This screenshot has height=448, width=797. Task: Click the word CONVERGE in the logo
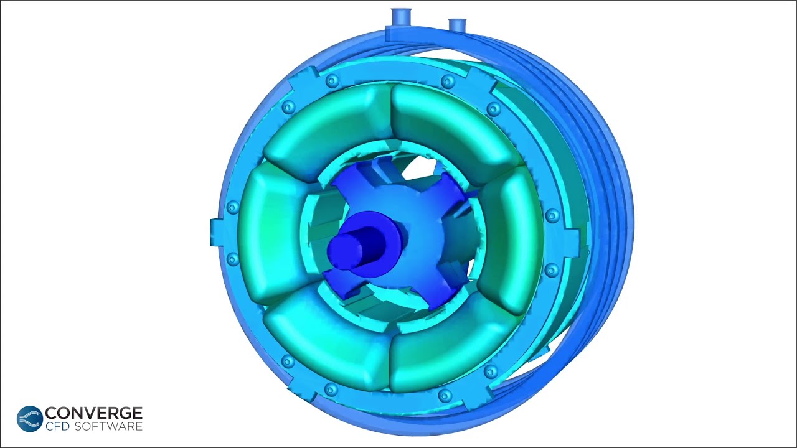point(93,413)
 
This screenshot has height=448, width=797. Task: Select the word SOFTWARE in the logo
point(108,426)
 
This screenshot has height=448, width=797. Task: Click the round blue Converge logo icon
point(29,419)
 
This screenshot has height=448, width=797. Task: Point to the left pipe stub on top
point(400,16)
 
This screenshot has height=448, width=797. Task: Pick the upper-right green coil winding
point(455,127)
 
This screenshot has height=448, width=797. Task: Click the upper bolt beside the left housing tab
point(233,207)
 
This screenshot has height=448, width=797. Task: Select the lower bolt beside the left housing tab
point(233,258)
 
